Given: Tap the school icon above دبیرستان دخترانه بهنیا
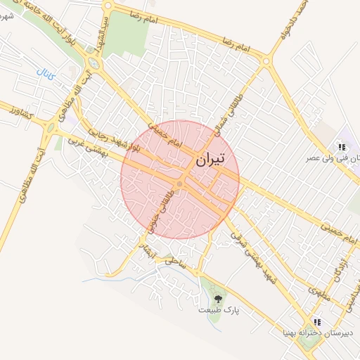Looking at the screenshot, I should pos(317,321).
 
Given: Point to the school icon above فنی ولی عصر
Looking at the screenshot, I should pos(342,147).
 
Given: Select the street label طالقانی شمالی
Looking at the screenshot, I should pos(234,113).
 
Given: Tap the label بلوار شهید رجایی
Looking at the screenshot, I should pos(116,139).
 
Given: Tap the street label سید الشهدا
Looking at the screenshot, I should pos(101,33).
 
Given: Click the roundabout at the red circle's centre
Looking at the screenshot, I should pos(180,184).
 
